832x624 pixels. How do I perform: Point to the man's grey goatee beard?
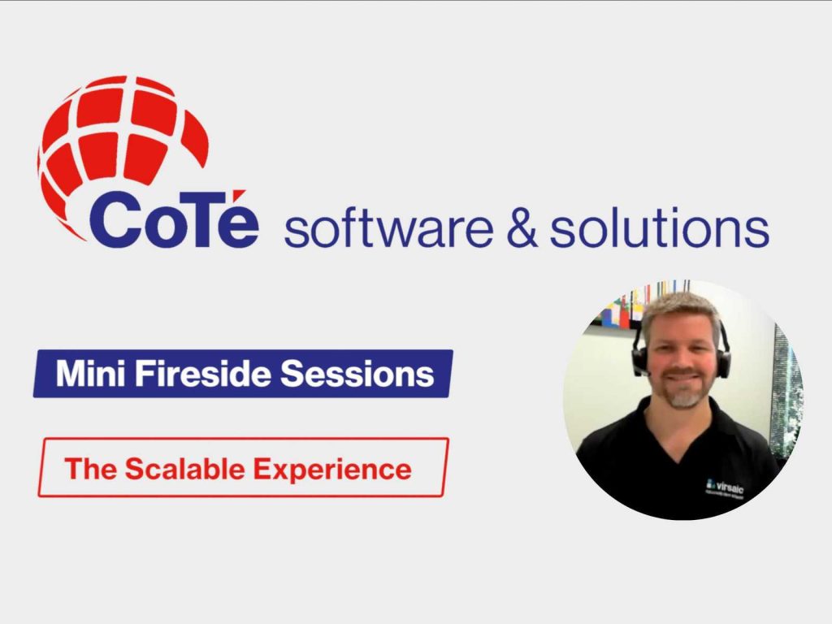(x=684, y=396)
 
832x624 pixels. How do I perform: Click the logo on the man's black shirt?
(x=725, y=489)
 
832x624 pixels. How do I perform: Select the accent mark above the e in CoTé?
(x=242, y=189)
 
